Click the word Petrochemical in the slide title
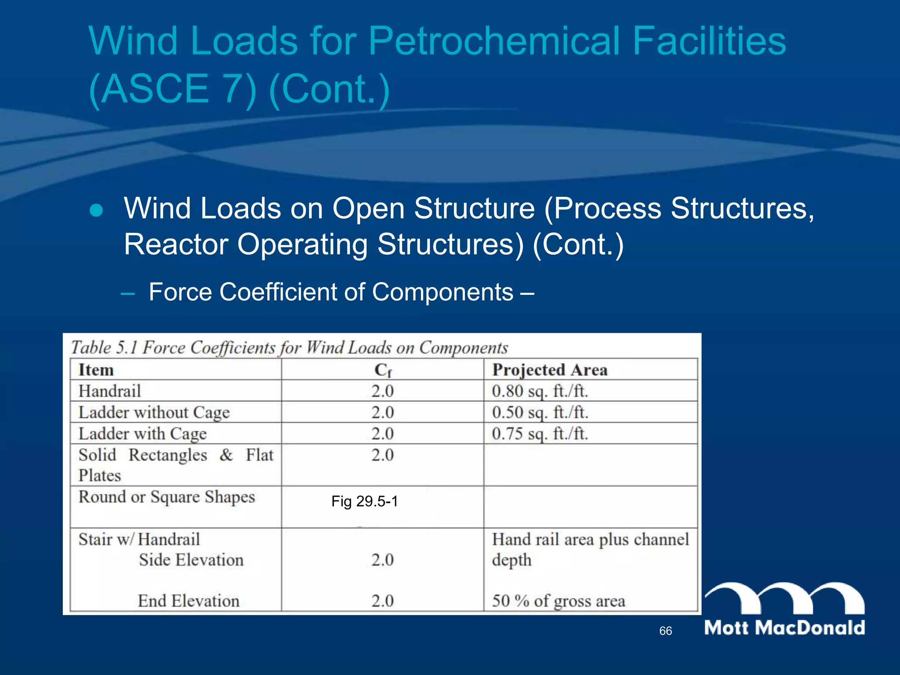coord(495,41)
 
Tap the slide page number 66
coord(665,631)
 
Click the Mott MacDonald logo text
coord(784,628)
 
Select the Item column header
coord(96,370)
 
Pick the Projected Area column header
coord(550,370)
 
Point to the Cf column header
coord(383,370)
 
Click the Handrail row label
coord(109,391)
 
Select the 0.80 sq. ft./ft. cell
coord(540,391)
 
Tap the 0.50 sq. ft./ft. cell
coord(540,413)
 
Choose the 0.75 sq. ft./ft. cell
coord(540,434)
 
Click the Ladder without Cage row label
coord(154,413)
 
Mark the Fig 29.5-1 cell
coord(364,501)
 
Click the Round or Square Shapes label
coord(167,497)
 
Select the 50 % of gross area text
coord(558,601)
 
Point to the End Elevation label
coord(189,601)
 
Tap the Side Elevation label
coord(191,560)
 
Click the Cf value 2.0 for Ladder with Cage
coord(382,434)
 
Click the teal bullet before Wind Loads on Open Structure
coord(96,210)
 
